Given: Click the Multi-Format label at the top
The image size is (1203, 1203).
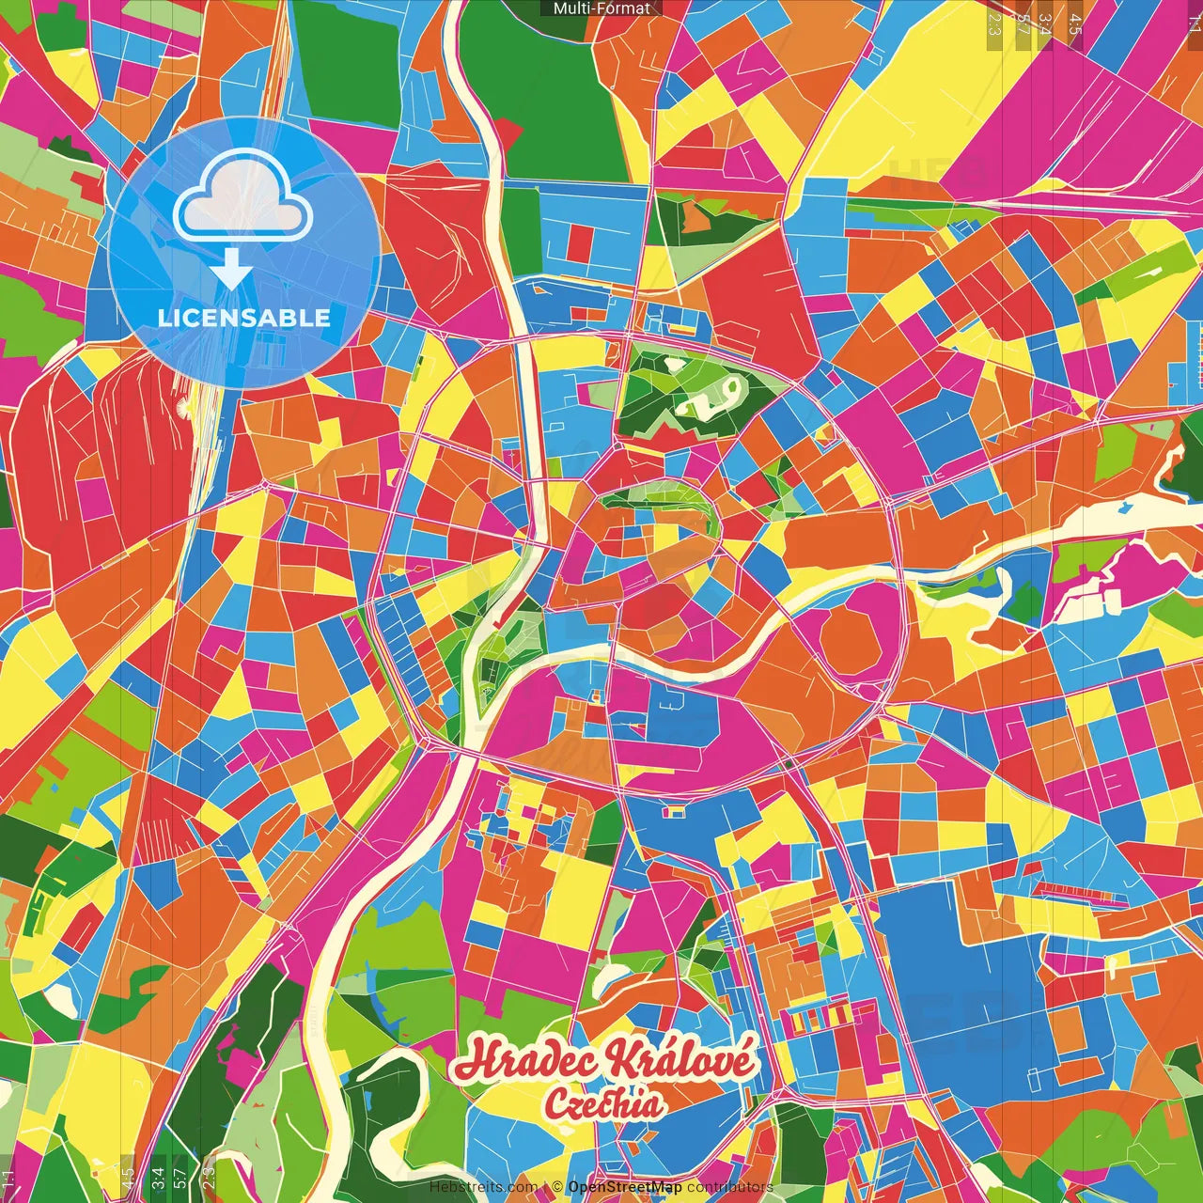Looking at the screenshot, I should click(x=601, y=8).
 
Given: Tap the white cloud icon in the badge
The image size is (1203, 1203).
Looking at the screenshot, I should click(x=242, y=198).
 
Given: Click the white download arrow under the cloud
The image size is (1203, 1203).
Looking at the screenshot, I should click(x=230, y=269).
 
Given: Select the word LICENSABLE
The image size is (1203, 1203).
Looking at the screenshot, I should click(x=243, y=318).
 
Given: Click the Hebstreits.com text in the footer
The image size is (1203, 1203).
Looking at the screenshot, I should click(x=483, y=1188).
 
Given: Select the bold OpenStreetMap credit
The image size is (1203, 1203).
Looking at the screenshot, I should click(x=624, y=1188).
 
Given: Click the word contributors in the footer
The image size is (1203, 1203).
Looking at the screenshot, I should click(x=729, y=1188).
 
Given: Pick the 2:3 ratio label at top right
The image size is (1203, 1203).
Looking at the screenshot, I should click(x=993, y=24).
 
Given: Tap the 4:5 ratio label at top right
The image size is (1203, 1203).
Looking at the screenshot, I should click(x=1074, y=24).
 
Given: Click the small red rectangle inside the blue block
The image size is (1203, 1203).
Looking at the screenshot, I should click(x=581, y=242).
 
